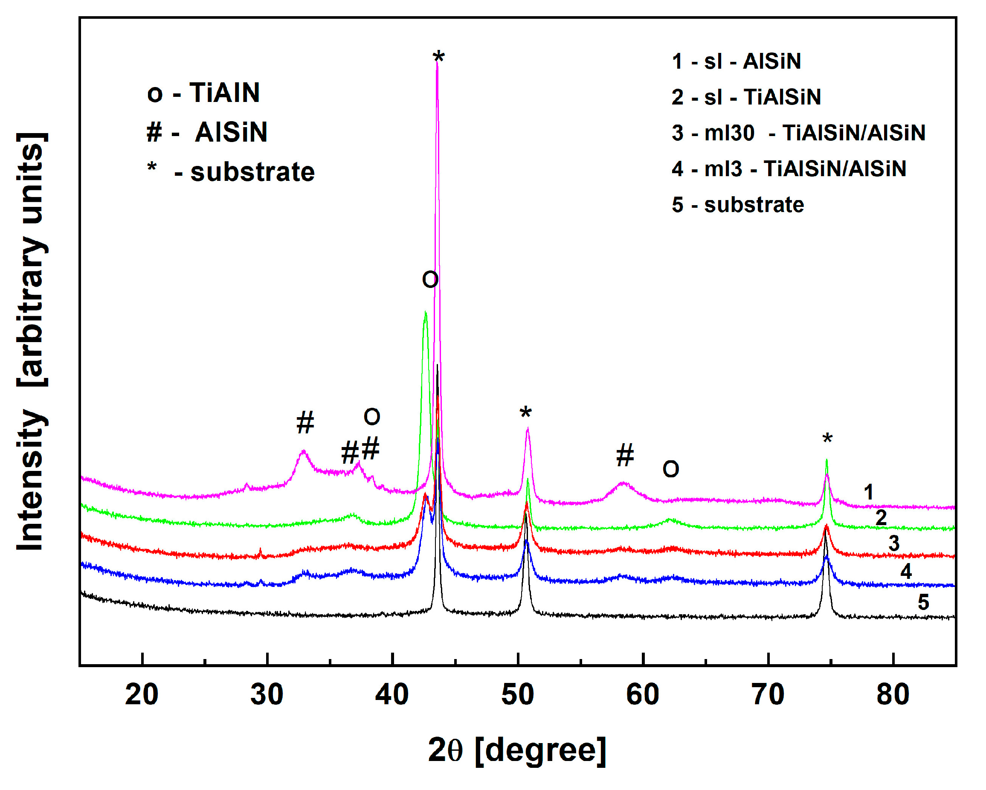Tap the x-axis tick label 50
(518, 695)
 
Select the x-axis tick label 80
(893, 695)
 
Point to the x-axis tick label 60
(643, 695)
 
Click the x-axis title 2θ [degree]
(517, 751)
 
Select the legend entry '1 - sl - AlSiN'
(736, 61)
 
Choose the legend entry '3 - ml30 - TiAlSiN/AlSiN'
(798, 133)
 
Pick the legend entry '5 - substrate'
(738, 205)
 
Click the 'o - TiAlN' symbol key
(203, 93)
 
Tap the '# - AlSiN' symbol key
(207, 133)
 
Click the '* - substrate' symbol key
(231, 172)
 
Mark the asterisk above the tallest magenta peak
(438, 58)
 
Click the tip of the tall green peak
(425, 312)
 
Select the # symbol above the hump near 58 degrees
(625, 456)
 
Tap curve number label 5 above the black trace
(923, 602)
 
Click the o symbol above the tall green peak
(430, 279)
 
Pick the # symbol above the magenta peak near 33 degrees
(305, 422)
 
